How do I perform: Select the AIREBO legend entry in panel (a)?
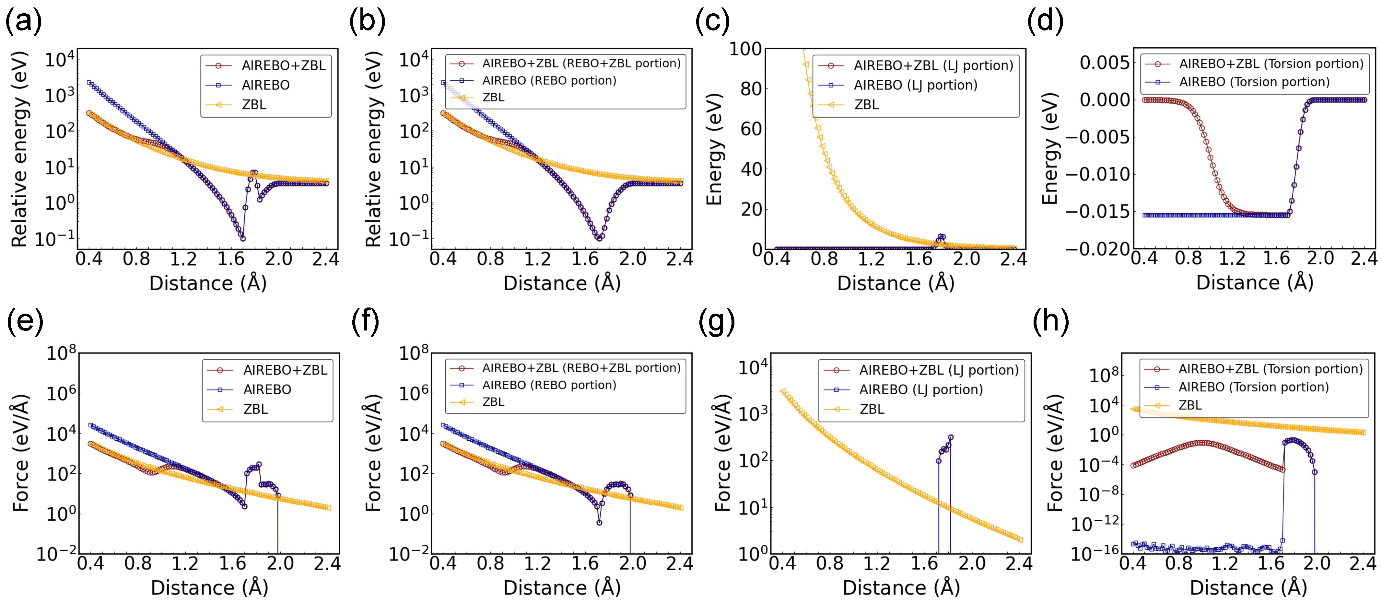pos(265,85)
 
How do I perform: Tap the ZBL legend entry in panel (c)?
pos(866,105)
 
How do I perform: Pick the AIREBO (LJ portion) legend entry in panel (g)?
pos(920,389)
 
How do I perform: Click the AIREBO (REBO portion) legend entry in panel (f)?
pos(549,385)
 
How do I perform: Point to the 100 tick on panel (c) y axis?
pos(745,49)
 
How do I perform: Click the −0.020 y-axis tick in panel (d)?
pos(1097,249)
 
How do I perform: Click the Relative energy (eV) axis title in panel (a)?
pos(19,149)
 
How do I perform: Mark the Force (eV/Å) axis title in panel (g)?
pos(723,453)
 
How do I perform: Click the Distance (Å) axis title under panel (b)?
pos(562,283)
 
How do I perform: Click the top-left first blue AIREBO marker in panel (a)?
pos(89,83)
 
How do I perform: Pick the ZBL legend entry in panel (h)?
pos(1189,405)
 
